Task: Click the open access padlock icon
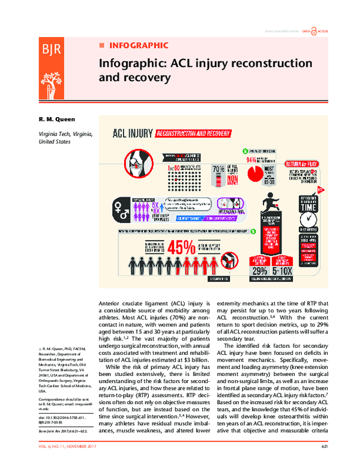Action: (307, 30)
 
